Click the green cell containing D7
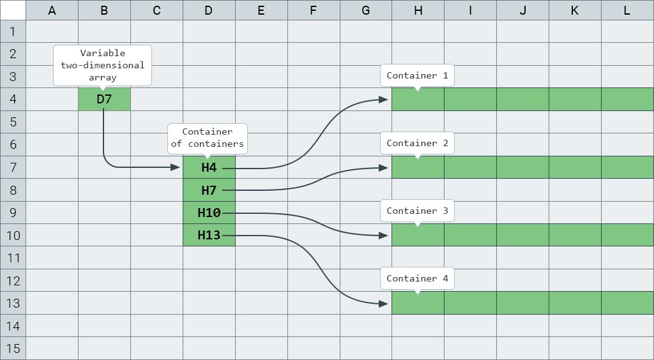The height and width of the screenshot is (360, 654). [104, 99]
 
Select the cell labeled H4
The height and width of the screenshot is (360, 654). [209, 167]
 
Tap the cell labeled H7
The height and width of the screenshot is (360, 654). [209, 190]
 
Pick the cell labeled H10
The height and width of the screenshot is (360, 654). [209, 213]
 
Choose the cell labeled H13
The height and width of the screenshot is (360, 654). [209, 235]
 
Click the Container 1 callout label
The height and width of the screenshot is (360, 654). [417, 75]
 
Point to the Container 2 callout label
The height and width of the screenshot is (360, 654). [417, 143]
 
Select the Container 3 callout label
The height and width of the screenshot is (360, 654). [417, 211]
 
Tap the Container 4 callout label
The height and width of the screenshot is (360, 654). [417, 278]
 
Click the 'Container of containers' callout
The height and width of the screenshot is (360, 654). [208, 138]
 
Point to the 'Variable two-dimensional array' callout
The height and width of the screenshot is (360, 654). [103, 65]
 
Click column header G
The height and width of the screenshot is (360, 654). [366, 10]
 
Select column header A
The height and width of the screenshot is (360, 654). [52, 10]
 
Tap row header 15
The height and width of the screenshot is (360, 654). [13, 349]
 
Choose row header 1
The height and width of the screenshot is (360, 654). [13, 31]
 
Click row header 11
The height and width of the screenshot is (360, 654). [13, 258]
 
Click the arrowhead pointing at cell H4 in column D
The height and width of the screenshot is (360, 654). [176, 167]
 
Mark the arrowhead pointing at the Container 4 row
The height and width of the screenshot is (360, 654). [384, 304]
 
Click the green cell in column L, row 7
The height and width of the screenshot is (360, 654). [627, 167]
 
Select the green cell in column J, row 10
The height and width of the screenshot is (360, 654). [522, 235]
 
